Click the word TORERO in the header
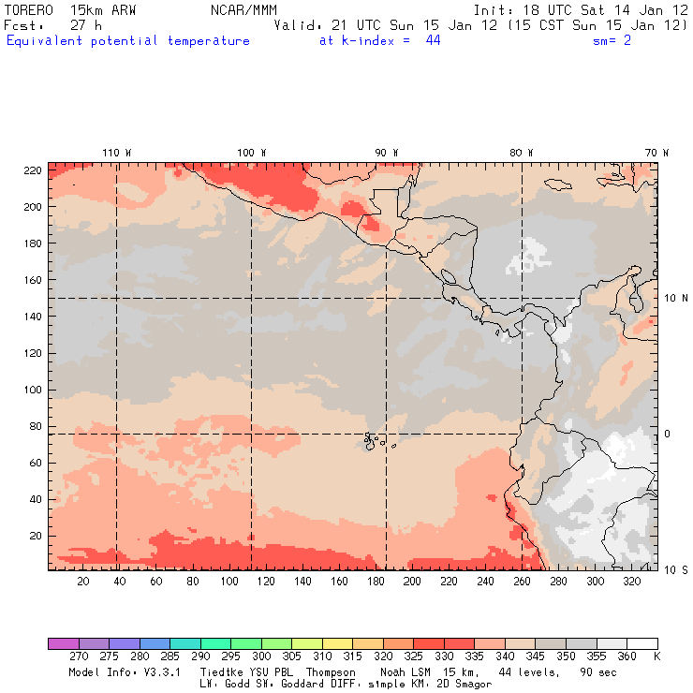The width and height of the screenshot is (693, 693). (29, 9)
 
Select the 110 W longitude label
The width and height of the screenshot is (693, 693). (116, 153)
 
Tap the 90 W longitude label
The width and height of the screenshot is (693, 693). (386, 153)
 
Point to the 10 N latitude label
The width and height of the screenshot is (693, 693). (675, 299)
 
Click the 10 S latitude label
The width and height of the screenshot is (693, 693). (675, 569)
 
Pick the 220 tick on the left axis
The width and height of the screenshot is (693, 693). (34, 170)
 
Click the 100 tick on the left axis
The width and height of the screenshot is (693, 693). (34, 390)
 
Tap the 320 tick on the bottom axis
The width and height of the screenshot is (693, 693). (632, 582)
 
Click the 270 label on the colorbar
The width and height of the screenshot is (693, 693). (78, 657)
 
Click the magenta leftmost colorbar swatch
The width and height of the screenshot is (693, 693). (63, 643)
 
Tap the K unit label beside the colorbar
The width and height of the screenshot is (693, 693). (656, 657)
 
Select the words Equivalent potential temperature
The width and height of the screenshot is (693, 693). (128, 41)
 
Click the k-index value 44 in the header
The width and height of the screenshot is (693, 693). (433, 41)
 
